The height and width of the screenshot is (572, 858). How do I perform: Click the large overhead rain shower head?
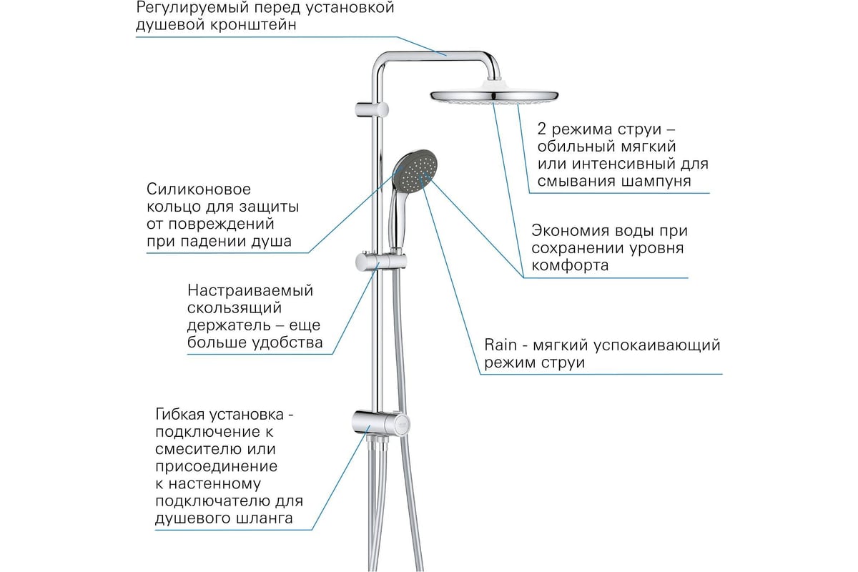(x=494, y=96)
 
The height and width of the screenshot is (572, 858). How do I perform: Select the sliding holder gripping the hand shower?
(x=380, y=262)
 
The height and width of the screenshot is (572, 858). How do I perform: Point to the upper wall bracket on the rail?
(x=372, y=109)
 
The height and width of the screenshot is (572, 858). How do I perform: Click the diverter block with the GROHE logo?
(x=381, y=423)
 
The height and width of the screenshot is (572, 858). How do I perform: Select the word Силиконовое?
(x=199, y=189)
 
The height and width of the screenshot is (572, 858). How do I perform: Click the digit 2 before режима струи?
(x=541, y=129)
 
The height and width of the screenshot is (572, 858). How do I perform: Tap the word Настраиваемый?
(x=250, y=291)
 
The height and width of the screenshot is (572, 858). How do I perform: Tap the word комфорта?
(x=570, y=265)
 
